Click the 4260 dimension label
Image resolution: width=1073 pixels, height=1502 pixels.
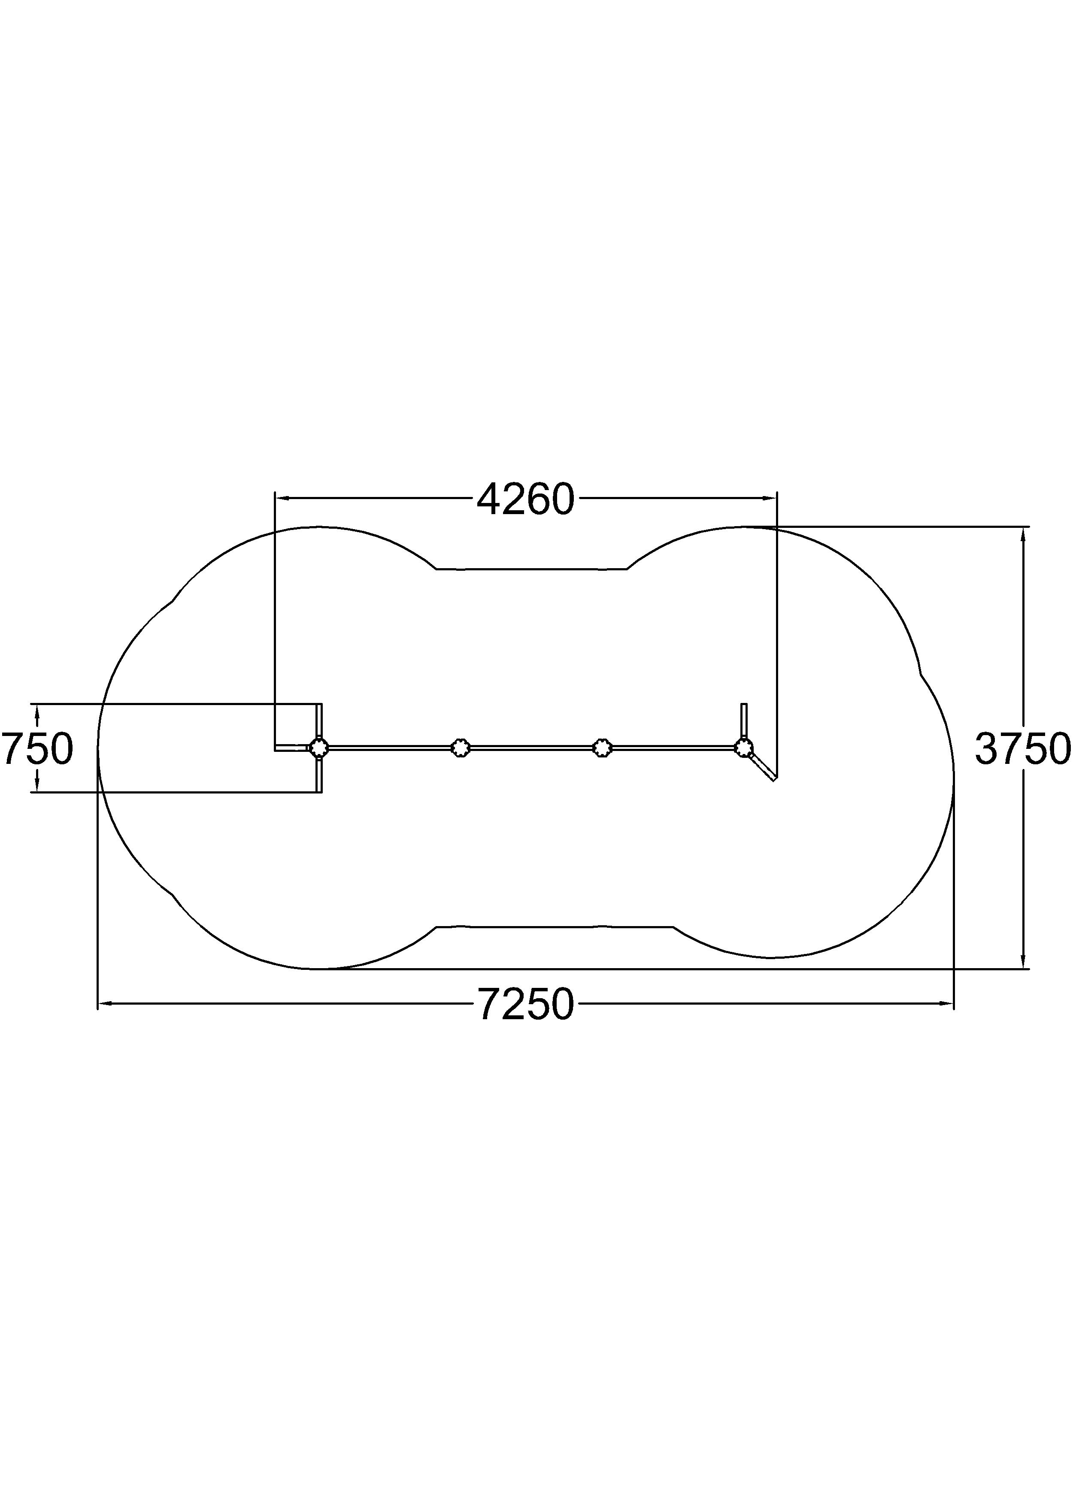[526, 500]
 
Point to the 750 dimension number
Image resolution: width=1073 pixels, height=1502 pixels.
[37, 749]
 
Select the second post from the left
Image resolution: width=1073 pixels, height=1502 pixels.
[461, 748]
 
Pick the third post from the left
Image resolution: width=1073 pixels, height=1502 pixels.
[601, 748]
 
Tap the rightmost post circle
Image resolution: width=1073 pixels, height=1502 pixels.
[744, 748]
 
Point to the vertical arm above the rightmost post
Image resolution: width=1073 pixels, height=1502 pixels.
[744, 721]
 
